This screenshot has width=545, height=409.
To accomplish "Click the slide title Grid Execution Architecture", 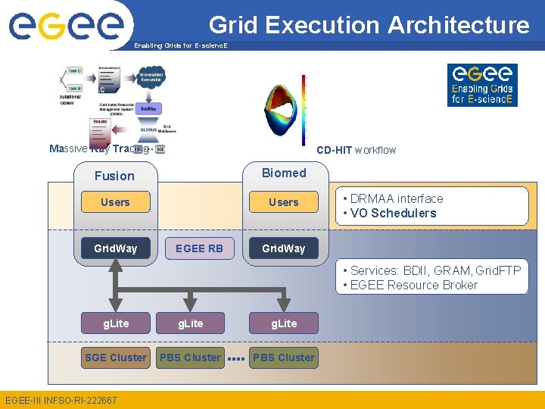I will point(369,25).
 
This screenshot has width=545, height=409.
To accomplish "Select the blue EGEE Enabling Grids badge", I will point(482,85).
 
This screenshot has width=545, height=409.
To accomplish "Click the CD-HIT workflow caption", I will point(356,150).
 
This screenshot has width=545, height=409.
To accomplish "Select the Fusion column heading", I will point(114,176).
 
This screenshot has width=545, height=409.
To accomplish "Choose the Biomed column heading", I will point(284,173).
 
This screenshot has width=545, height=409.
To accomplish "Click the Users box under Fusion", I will point(115,202).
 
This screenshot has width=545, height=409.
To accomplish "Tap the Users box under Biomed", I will point(284,202).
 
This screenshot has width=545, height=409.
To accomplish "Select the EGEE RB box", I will point(199,248).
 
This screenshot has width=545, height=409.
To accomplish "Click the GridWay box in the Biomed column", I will point(284,248).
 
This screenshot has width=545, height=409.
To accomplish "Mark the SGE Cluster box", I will point(116,357).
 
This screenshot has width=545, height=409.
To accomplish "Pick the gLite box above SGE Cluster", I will point(116,323).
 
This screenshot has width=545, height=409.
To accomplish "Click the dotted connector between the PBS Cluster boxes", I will point(236,358).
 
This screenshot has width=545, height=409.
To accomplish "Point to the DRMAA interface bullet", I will point(393,198).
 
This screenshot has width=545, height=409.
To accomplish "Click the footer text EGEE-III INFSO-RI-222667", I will point(61,400).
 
